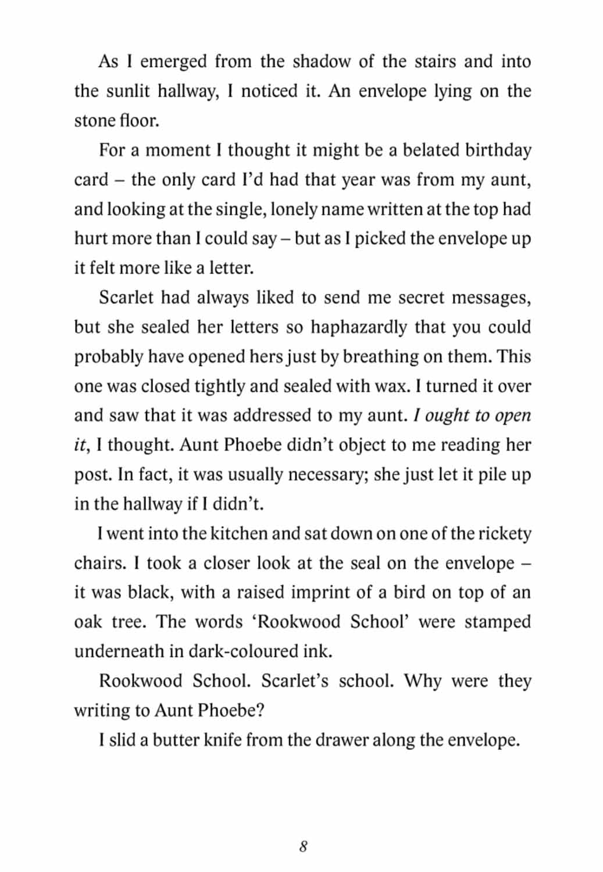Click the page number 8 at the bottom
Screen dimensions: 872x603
click(303, 846)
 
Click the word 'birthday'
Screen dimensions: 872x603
click(498, 150)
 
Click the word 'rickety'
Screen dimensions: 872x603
click(503, 533)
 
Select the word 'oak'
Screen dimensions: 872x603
click(88, 621)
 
